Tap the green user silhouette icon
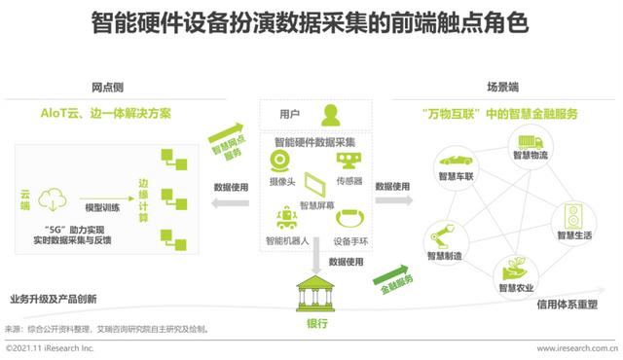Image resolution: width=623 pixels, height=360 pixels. coord(332,114)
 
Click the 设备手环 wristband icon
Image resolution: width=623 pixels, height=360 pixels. coord(348,217)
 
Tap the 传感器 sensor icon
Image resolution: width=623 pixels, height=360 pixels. coord(348,162)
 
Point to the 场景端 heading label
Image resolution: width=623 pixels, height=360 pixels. coord(502,87)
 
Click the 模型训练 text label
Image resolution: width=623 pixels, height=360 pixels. coord(103,207)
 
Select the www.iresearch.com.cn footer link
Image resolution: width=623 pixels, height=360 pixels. coord(577,347)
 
